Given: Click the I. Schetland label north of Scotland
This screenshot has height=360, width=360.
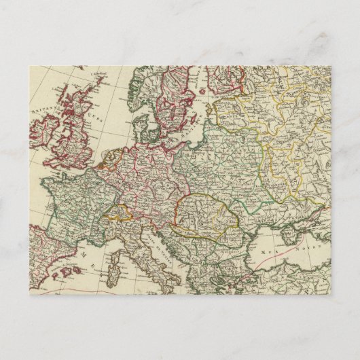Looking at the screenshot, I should click(101, 72).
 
